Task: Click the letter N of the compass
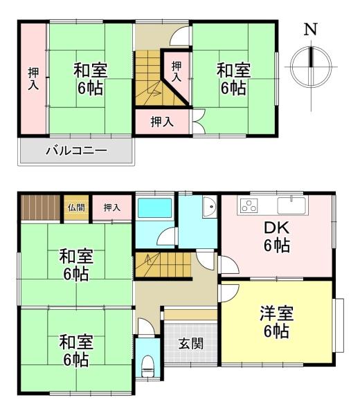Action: (311, 30)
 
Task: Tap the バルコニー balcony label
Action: (76, 149)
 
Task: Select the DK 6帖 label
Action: (276, 237)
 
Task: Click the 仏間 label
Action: (76, 207)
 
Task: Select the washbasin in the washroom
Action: (209, 210)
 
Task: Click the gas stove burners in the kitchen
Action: (249, 205)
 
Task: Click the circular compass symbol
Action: (311, 66)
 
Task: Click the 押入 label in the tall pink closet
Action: (33, 78)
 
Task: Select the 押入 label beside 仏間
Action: (111, 207)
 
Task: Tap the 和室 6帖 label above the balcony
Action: (90, 78)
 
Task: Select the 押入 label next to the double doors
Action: (162, 122)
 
